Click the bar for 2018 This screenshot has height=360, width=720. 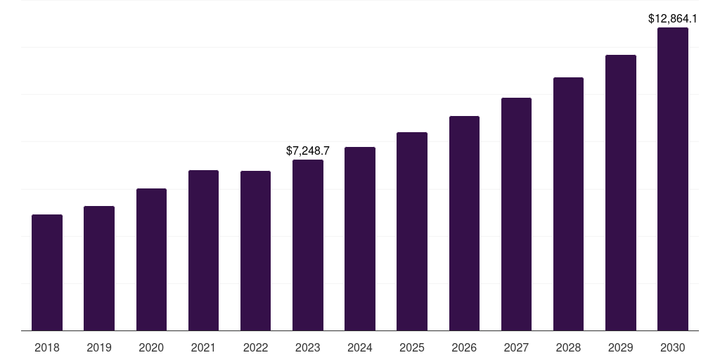(x=47, y=273)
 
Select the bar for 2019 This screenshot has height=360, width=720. (x=99, y=269)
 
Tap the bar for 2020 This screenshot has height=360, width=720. (x=151, y=259)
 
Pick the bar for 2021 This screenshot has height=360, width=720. (x=203, y=250)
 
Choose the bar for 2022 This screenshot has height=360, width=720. (x=255, y=251)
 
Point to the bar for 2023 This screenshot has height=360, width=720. (x=308, y=245)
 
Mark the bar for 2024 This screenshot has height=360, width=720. (x=360, y=239)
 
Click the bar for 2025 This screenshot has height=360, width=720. (x=412, y=231)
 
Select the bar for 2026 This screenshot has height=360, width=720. (x=464, y=224)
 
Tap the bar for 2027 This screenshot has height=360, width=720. (x=516, y=214)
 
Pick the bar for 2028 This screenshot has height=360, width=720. (x=568, y=204)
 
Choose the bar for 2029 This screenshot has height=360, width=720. (x=621, y=193)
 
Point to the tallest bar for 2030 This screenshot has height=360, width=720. (x=673, y=179)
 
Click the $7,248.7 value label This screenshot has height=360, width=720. (x=308, y=150)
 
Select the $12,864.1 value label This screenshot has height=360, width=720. (x=673, y=19)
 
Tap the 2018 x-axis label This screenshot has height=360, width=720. (x=47, y=347)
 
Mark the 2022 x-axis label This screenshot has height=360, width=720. (x=255, y=347)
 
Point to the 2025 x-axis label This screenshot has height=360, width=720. (x=412, y=347)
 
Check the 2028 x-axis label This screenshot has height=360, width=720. (x=568, y=347)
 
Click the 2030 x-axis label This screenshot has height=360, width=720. (x=673, y=347)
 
